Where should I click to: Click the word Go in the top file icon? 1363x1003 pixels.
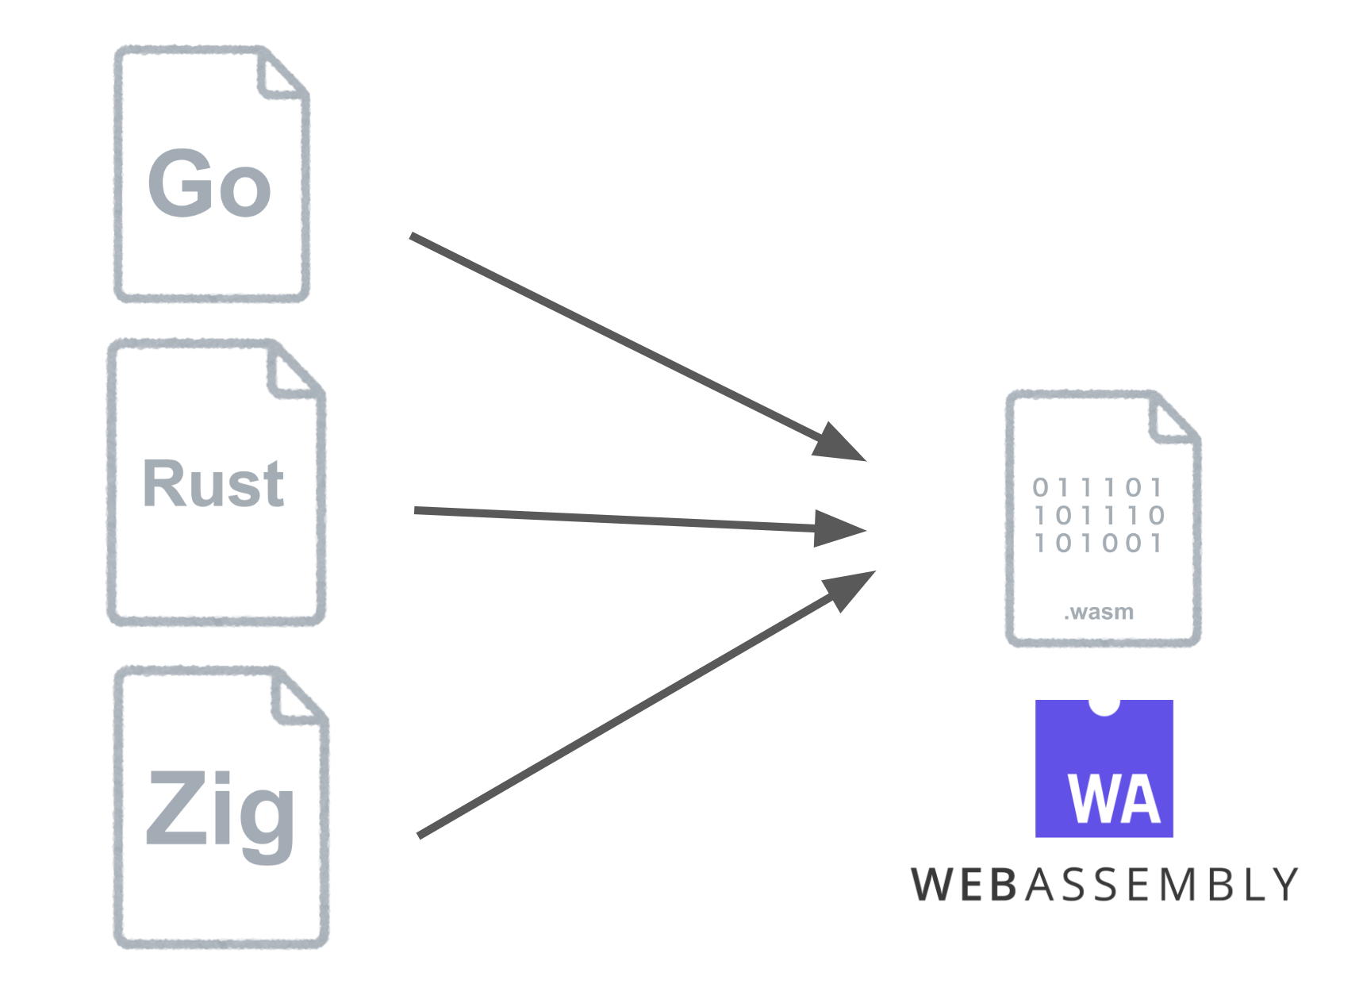pyautogui.click(x=209, y=184)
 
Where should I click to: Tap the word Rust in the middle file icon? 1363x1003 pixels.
pyautogui.click(x=213, y=484)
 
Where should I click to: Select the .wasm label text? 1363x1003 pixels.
pyautogui.click(x=1099, y=612)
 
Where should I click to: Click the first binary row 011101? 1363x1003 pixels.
pyautogui.click(x=1098, y=487)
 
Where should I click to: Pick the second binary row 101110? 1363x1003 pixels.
pyautogui.click(x=1100, y=516)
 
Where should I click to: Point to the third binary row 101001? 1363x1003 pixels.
pyautogui.click(x=1098, y=544)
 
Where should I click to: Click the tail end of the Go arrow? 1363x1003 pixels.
pyautogui.click(x=413, y=236)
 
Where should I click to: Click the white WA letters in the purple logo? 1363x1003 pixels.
pyautogui.click(x=1114, y=799)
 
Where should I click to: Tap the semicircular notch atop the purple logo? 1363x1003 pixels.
pyautogui.click(x=1104, y=705)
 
